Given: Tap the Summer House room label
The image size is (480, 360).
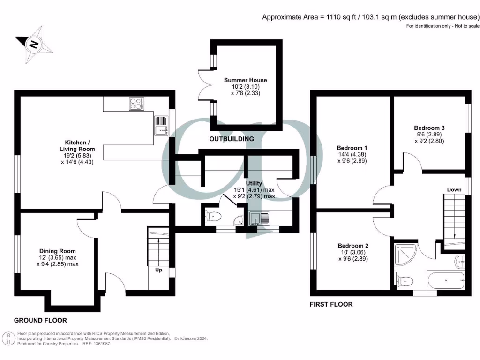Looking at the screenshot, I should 242,80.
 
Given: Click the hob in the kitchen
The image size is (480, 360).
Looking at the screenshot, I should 136,104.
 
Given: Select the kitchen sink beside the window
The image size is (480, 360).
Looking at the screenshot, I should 160,125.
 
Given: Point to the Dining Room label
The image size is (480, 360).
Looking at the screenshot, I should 57,251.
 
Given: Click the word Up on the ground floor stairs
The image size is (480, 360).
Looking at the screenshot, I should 158,270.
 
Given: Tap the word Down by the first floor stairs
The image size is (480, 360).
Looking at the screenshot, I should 454,189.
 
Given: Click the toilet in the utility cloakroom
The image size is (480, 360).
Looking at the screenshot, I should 213,217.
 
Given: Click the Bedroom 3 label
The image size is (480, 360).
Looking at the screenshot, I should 429,127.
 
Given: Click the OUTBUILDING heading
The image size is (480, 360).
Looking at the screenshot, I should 231,139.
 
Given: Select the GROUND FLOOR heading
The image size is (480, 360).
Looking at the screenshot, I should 40,320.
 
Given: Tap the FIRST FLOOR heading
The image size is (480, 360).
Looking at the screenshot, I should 331,304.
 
